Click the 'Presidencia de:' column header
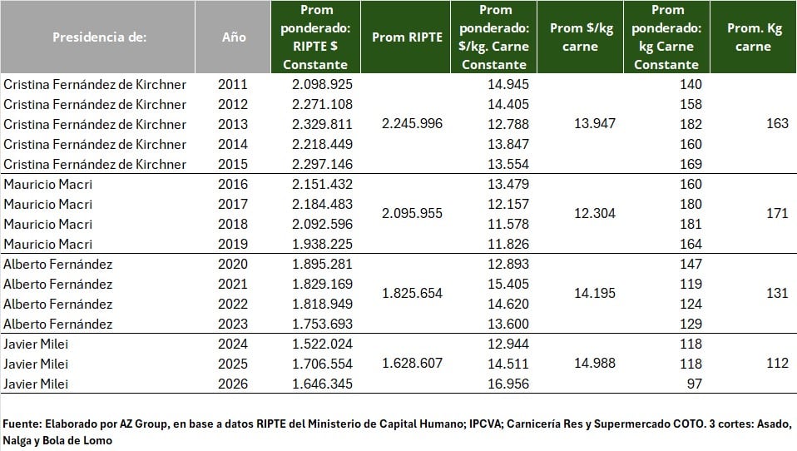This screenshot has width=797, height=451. pos(99,37)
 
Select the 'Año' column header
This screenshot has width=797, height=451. pos(234,37)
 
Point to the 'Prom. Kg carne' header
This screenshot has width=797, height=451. pos(754,37)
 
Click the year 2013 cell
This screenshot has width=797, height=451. pos(233,124)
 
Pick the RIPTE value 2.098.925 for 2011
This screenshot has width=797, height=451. pos(323,84)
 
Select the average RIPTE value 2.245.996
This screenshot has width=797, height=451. pos(412,124)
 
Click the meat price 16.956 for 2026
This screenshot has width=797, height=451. pos(507,384)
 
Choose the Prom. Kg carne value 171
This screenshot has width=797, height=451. pos(776,214)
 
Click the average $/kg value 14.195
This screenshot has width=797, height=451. pos(595,294)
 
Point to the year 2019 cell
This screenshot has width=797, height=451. pos(233,244)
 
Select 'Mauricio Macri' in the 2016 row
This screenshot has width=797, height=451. pos(48,184)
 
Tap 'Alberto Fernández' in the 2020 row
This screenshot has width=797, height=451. pos(58,264)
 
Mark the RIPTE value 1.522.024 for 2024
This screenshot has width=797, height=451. pos(323,344)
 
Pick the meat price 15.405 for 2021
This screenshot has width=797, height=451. pos(507,284)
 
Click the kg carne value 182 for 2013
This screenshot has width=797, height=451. pos(691,124)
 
